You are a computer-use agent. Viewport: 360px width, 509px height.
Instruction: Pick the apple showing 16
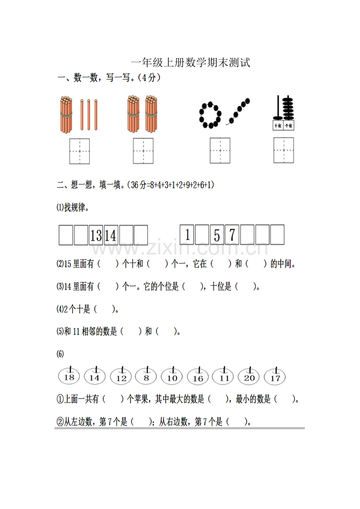198,376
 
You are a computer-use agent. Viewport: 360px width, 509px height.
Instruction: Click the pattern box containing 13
96,235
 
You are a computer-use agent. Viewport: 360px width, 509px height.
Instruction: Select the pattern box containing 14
111,235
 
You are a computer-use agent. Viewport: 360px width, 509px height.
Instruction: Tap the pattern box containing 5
217,235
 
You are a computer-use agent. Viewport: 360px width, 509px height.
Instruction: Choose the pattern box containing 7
232,235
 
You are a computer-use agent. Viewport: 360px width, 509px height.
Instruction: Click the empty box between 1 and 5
202,235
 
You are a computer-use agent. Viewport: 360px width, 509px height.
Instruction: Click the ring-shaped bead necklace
210,115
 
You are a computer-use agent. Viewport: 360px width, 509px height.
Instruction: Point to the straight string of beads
238,111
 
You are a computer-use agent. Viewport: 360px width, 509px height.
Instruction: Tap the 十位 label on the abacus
278,125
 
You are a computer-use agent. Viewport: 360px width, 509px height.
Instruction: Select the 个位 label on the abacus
289,125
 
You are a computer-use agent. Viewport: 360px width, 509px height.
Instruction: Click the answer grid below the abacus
284,150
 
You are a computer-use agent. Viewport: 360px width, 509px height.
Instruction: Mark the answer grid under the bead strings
220,151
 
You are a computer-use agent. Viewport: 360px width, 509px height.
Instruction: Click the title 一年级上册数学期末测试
191,63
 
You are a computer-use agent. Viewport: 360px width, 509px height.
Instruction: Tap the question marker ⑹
60,354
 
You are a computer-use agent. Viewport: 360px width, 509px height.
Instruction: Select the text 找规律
75,207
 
